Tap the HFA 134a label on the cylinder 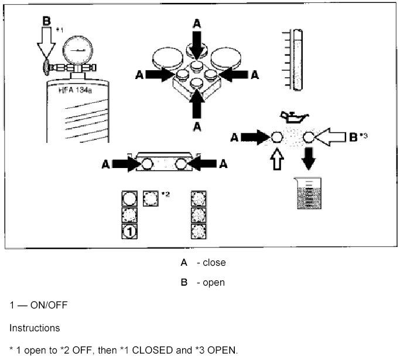[x=76, y=91]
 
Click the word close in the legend [x=214, y=262]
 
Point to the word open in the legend [x=214, y=283]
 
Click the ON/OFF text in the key [x=41, y=306]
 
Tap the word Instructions [x=33, y=328]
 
